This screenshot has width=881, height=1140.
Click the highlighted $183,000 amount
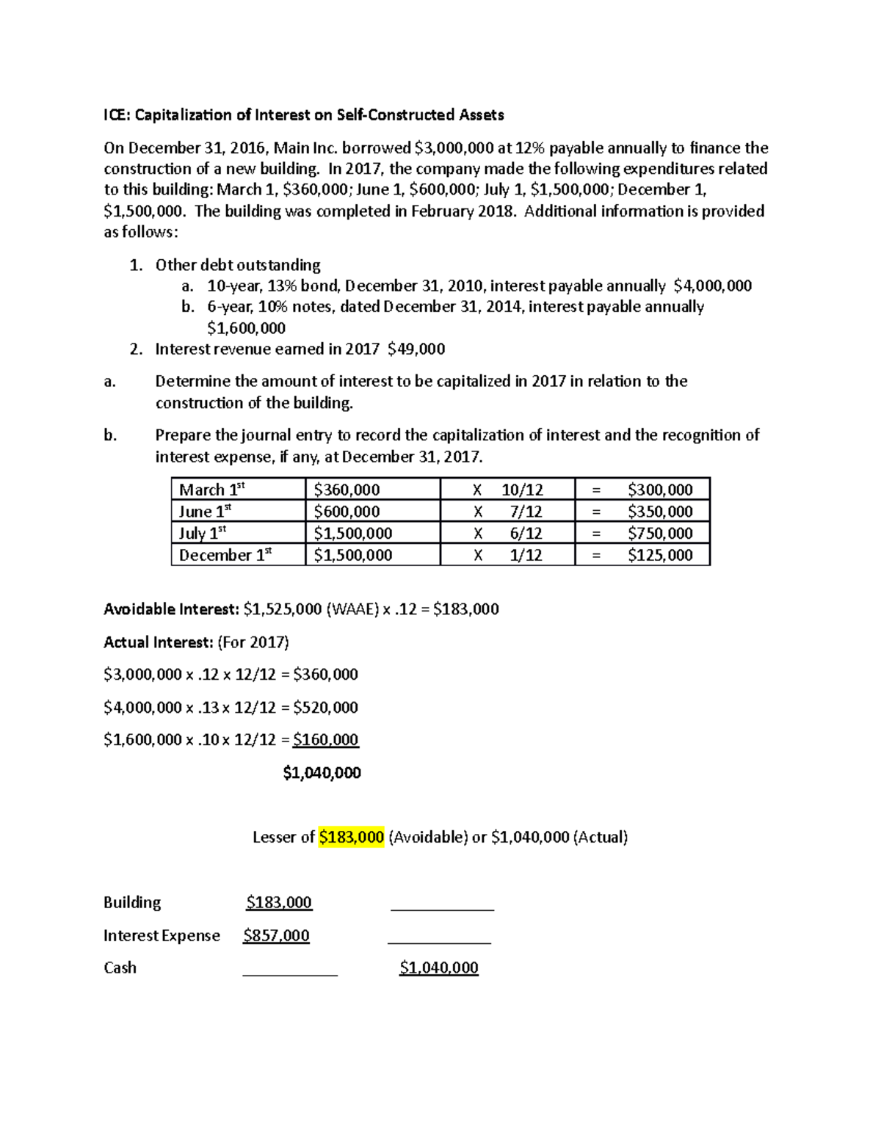[x=352, y=837]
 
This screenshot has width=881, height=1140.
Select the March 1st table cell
[x=211, y=490]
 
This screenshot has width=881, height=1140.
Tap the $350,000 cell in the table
[x=659, y=512]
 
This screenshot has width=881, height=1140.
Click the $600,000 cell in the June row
[x=347, y=512]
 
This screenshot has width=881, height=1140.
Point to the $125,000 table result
[x=659, y=555]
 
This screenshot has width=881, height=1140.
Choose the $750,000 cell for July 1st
[x=659, y=533]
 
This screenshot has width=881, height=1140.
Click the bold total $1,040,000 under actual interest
[x=322, y=772]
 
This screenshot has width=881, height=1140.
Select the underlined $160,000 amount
[x=325, y=739]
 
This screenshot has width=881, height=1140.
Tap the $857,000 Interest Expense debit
[x=276, y=935]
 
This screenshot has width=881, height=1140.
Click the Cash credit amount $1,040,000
[x=438, y=967]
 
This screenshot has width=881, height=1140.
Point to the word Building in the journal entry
[x=132, y=902]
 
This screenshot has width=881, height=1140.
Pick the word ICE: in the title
[x=116, y=115]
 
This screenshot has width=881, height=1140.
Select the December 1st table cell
[x=225, y=555]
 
